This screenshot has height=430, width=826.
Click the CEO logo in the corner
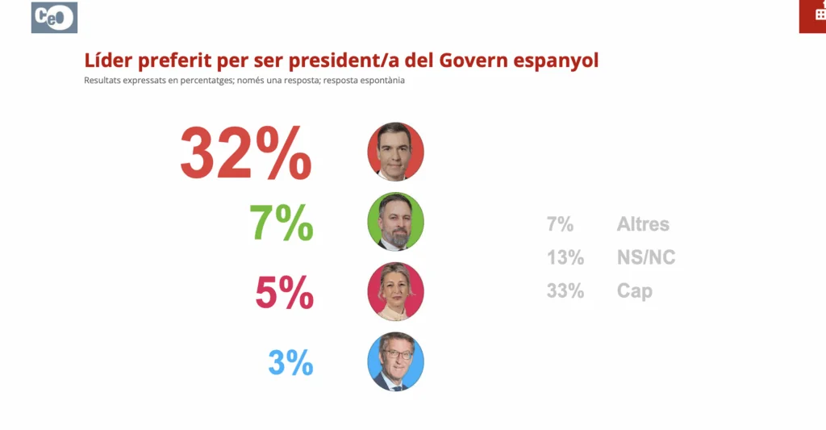pos(54,18)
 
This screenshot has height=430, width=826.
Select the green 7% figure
pos(282,223)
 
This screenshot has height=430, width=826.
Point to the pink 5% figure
pos(284,293)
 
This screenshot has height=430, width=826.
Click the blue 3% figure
pos(290,362)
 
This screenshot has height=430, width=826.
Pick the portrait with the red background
pos(395,152)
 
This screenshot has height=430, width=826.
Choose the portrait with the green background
pos(395,222)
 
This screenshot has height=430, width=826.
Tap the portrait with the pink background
pos(395,291)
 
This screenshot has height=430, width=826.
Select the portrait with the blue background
pos(395,361)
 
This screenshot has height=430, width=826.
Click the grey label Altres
pos(643,224)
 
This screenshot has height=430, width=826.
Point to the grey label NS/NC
pos(646,257)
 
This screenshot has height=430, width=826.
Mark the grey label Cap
pos(635,291)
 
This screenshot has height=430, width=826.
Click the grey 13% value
pos(565,257)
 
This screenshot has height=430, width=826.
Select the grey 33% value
pos(565,291)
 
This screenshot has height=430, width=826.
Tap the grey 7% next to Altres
pos(560,224)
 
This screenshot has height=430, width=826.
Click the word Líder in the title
pos(107,61)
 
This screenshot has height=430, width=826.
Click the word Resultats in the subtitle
pos(102,81)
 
